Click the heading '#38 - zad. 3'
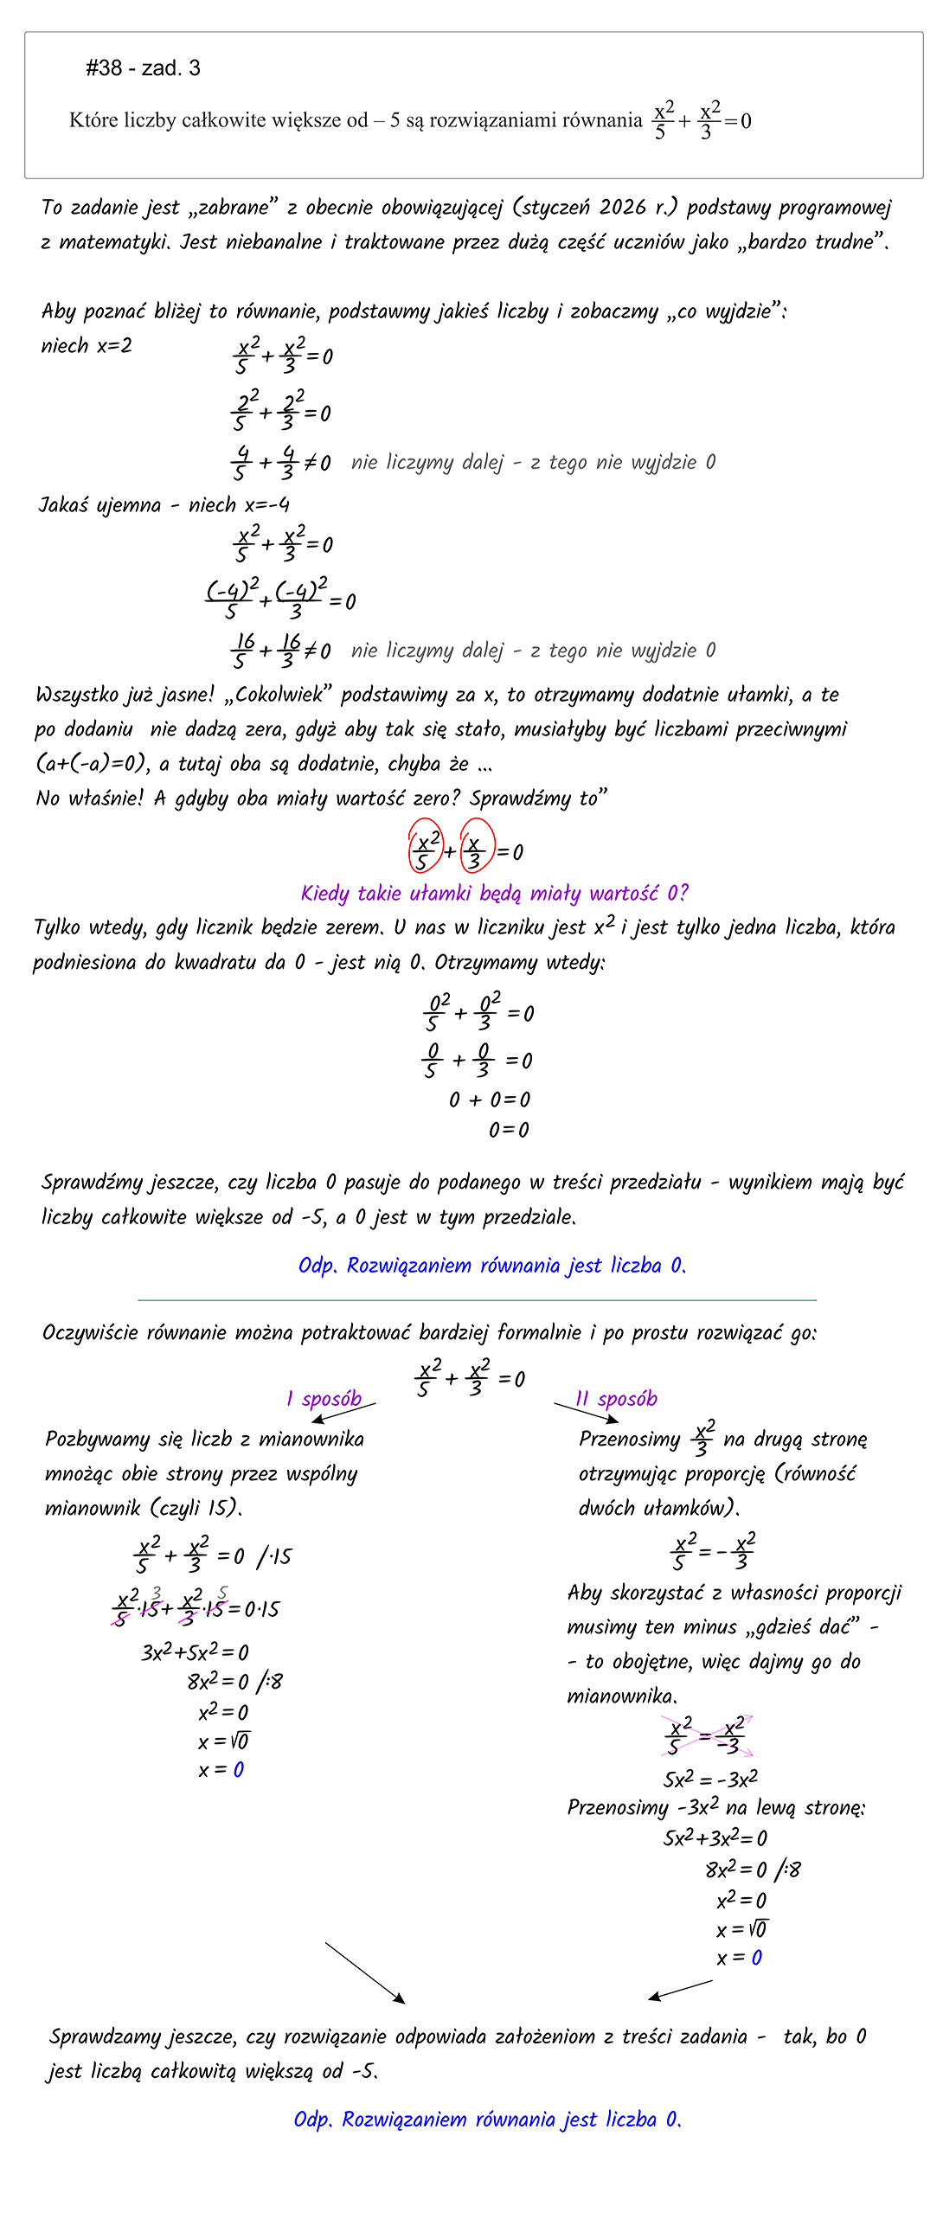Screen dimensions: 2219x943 (x=143, y=68)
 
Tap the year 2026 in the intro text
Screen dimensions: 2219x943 (x=623, y=208)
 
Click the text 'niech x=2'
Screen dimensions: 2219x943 (x=87, y=346)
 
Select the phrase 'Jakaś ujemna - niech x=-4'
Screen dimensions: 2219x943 (x=164, y=504)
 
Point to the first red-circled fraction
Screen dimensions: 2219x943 (x=425, y=846)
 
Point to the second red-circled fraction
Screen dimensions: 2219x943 (x=476, y=846)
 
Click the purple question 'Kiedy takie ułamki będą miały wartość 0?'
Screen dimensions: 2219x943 (x=494, y=893)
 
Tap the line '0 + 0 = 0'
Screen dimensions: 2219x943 (x=490, y=1100)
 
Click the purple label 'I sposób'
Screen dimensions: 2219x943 (x=324, y=1399)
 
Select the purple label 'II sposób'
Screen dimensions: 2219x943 (x=617, y=1399)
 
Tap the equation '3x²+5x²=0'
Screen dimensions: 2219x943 (x=195, y=1652)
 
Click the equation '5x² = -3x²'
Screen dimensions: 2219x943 (x=710, y=1780)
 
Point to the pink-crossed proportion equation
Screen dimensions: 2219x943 (x=706, y=1735)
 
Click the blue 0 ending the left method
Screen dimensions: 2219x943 (x=239, y=1770)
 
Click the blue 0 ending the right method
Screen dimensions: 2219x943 (x=757, y=1958)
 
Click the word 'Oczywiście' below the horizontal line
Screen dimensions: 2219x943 (x=90, y=1332)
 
